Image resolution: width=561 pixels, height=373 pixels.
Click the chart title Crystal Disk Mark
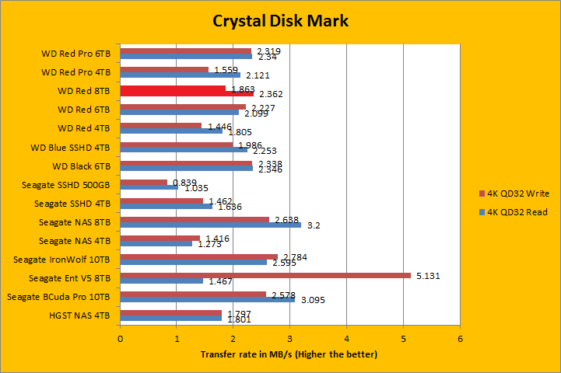click(x=280, y=20)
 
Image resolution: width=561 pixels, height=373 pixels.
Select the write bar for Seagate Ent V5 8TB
click(x=265, y=275)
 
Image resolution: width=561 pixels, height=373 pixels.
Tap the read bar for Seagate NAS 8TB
click(x=210, y=226)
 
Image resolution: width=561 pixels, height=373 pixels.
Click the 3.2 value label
click(x=314, y=226)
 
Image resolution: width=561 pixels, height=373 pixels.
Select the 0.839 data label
click(x=183, y=182)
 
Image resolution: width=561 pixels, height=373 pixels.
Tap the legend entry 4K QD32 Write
click(x=517, y=193)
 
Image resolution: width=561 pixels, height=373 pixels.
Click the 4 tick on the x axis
click(x=347, y=339)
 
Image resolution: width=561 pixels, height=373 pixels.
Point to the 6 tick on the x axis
click(x=461, y=339)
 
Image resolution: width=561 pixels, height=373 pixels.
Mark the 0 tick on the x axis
click(x=121, y=339)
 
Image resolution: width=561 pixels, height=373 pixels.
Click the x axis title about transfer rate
click(x=289, y=354)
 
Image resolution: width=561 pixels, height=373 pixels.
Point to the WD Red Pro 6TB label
click(x=76, y=54)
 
